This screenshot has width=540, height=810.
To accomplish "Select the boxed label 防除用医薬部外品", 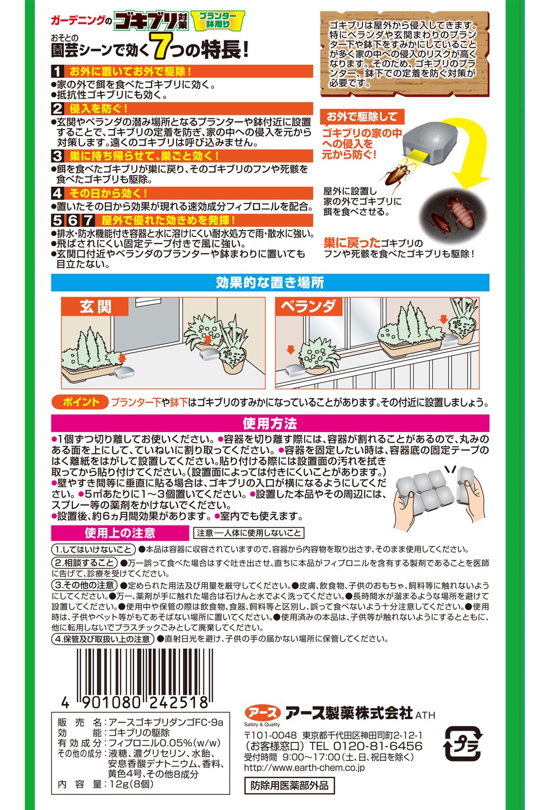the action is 289,786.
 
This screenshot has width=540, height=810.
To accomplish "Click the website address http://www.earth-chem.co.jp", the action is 304,767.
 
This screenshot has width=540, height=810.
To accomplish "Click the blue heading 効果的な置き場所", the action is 270,282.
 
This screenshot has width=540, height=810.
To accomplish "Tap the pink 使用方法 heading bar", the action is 270,423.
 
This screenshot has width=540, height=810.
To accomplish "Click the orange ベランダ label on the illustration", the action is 308,306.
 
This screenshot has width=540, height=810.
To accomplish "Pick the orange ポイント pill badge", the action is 80,402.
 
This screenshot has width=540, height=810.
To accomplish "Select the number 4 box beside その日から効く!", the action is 57,193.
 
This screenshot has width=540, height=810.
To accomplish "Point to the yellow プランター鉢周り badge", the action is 218,21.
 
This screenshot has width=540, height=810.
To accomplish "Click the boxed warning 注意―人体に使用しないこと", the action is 249,533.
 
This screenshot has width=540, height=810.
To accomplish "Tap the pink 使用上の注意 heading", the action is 120,533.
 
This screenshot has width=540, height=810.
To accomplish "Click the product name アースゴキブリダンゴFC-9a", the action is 166,723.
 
